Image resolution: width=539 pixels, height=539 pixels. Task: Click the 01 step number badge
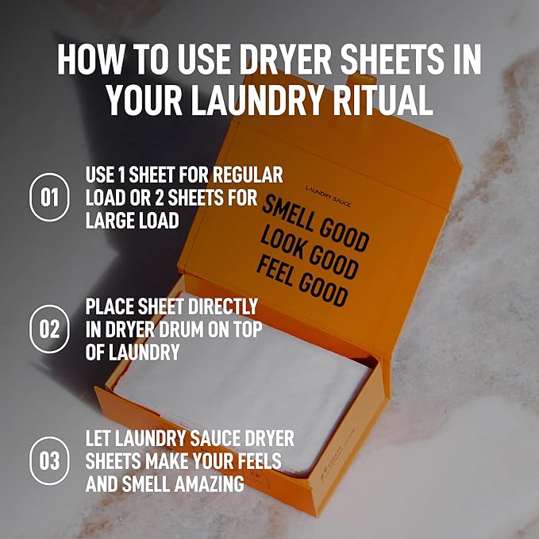49,197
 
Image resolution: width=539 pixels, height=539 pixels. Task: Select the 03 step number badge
49,460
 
